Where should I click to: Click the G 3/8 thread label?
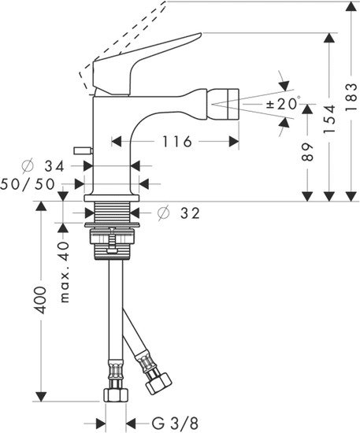click(x=169, y=420)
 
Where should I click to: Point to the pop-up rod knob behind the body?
click(x=78, y=148)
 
